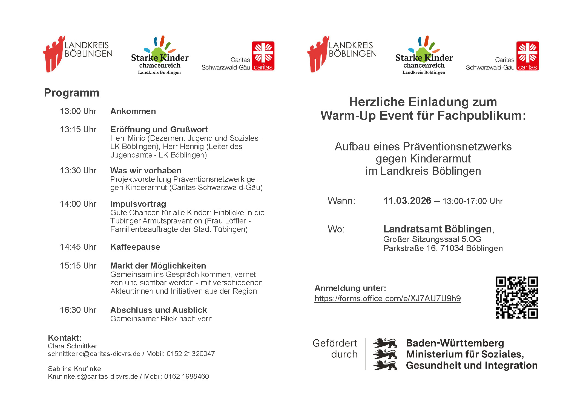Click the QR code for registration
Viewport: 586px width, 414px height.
tap(516, 298)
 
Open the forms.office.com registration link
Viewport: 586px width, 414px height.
tap(387, 298)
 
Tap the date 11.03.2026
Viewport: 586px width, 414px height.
tap(407, 201)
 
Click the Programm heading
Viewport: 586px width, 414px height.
tap(71, 93)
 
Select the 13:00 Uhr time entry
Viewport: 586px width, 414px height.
tap(78, 111)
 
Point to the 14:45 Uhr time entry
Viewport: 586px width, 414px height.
tap(78, 247)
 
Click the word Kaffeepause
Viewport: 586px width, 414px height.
tap(135, 247)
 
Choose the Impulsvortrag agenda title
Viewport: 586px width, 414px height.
tap(138, 204)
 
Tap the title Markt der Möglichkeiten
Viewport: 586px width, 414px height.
tap(158, 266)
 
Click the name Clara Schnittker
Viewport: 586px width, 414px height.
tap(73, 346)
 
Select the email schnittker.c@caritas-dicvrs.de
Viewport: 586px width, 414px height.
tap(94, 354)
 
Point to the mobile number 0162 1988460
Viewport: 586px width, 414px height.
tap(186, 377)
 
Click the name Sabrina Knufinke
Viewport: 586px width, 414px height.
tap(74, 369)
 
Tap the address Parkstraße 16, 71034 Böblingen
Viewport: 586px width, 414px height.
tap(443, 248)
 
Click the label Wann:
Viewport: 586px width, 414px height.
tap(341, 201)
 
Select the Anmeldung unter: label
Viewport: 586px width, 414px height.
tap(350, 288)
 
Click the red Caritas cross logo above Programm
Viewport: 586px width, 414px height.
tap(263, 56)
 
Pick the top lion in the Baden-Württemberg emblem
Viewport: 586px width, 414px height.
tap(385, 343)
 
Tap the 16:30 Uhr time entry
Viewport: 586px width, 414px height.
tap(78, 310)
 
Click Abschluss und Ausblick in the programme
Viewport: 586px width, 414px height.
tap(158, 310)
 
